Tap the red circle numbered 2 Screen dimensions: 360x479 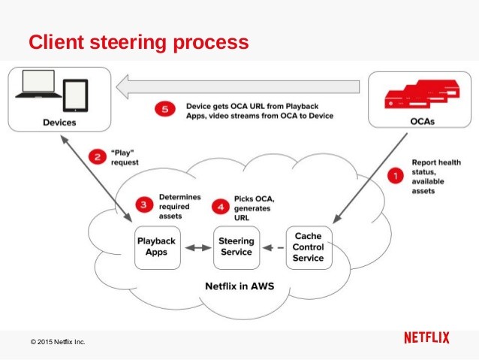(96, 157)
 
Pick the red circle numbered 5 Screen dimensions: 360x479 (167, 110)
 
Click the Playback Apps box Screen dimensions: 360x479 (157, 247)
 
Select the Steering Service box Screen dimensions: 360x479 (235, 247)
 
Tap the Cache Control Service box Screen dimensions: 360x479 (309, 247)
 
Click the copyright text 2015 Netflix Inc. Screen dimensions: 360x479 (58, 342)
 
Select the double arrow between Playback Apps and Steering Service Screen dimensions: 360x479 (197, 247)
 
